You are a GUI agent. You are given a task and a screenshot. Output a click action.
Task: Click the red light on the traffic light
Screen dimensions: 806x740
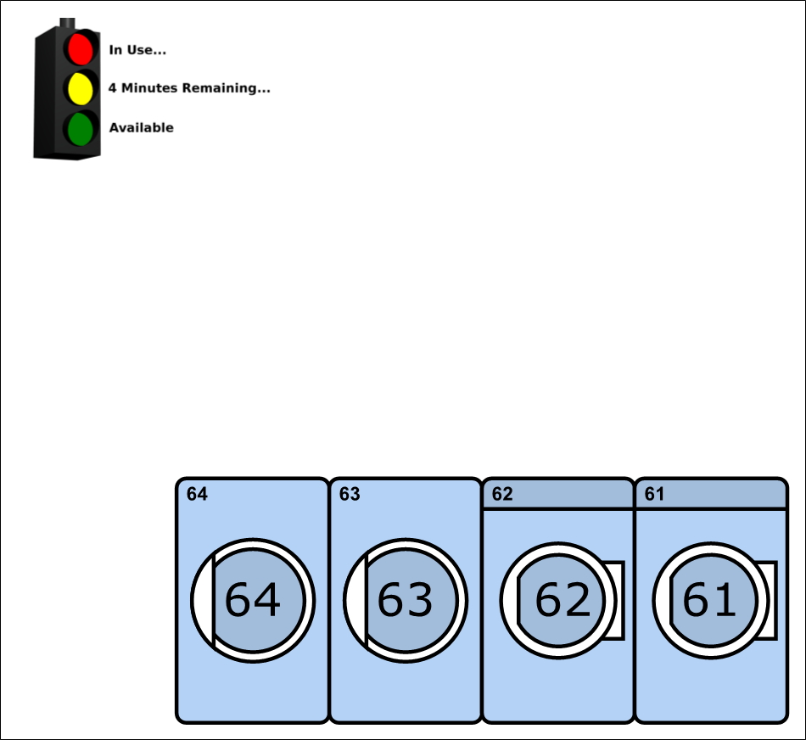pyautogui.click(x=81, y=49)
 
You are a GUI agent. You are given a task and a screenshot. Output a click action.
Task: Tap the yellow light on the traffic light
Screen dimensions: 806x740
pyautogui.click(x=81, y=88)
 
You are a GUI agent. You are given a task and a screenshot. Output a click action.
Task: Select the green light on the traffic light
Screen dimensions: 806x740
pyautogui.click(x=81, y=128)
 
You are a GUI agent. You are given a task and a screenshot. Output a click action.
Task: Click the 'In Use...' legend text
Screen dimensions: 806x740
pyautogui.click(x=137, y=50)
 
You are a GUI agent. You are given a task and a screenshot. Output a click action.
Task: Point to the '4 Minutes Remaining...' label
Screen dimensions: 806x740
pyautogui.click(x=189, y=88)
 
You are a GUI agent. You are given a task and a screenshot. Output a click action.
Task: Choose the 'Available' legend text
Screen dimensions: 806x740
pyautogui.click(x=142, y=127)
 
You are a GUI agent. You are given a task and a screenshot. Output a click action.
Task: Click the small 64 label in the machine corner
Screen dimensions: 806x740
pyautogui.click(x=197, y=494)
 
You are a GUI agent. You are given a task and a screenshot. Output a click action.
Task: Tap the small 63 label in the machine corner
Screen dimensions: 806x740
pyautogui.click(x=350, y=494)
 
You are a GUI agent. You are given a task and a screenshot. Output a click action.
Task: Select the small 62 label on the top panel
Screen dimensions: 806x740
pyautogui.click(x=502, y=494)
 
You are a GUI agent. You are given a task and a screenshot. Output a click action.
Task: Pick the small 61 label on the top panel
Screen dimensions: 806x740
pyautogui.click(x=654, y=494)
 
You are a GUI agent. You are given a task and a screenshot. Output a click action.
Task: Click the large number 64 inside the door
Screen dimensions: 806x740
pyautogui.click(x=253, y=600)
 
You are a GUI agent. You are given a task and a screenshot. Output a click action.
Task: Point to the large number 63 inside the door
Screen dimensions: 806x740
pyautogui.click(x=405, y=600)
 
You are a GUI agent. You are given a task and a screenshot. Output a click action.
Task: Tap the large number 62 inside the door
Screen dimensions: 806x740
pyautogui.click(x=563, y=600)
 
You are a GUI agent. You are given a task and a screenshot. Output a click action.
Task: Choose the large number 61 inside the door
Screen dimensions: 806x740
pyautogui.click(x=709, y=600)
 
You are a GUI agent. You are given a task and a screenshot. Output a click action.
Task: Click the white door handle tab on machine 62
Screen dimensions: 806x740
pyautogui.click(x=618, y=601)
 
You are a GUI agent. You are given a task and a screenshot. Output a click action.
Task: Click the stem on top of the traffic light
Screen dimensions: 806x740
pyautogui.click(x=67, y=23)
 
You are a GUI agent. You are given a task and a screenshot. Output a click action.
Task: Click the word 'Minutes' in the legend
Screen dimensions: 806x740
pyautogui.click(x=149, y=88)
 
